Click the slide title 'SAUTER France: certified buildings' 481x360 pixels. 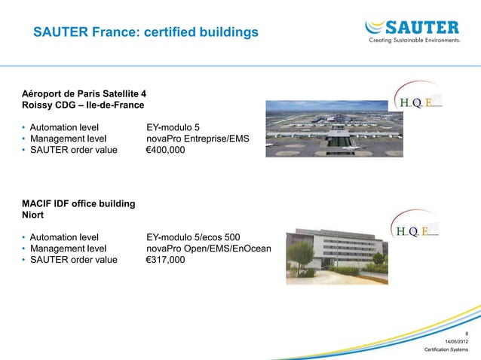146,33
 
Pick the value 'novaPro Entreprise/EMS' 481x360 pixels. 198,139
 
